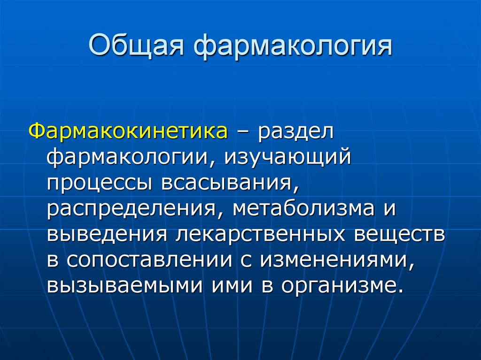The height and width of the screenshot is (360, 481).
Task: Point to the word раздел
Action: point(295,131)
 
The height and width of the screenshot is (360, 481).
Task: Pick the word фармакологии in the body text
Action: point(127,157)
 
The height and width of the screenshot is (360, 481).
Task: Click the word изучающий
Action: point(287,157)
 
